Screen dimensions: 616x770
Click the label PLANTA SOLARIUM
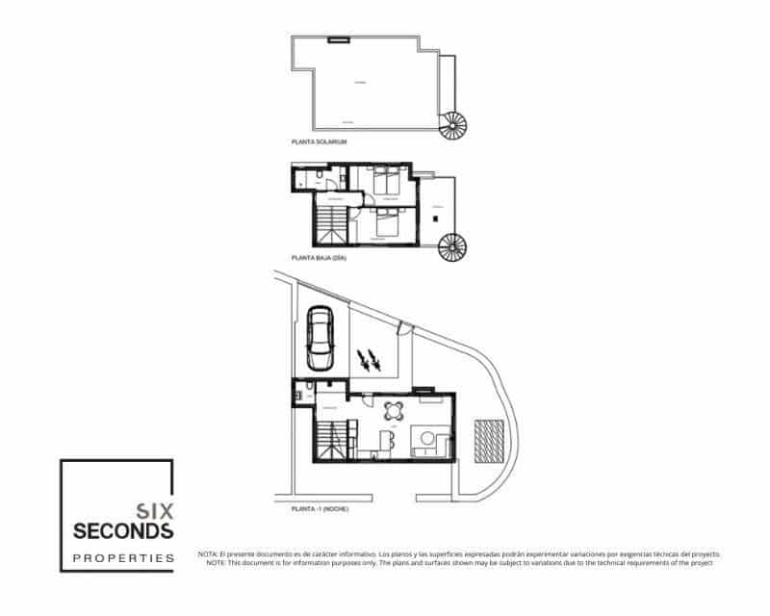pyautogui.click(x=319, y=141)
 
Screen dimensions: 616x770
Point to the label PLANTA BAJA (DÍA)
pyautogui.click(x=319, y=258)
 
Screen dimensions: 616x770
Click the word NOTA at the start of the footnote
pyautogui.click(x=208, y=554)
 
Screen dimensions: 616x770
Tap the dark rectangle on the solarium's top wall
pyautogui.click(x=337, y=39)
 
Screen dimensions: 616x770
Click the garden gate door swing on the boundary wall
pyautogui.click(x=406, y=327)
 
